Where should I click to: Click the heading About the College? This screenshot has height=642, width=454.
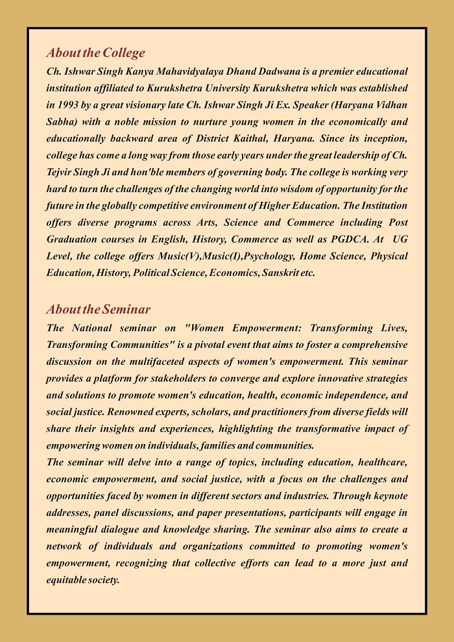coord(95,53)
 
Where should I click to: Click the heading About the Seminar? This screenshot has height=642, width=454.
coord(98,310)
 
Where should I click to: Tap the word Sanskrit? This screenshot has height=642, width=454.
coord(280,273)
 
